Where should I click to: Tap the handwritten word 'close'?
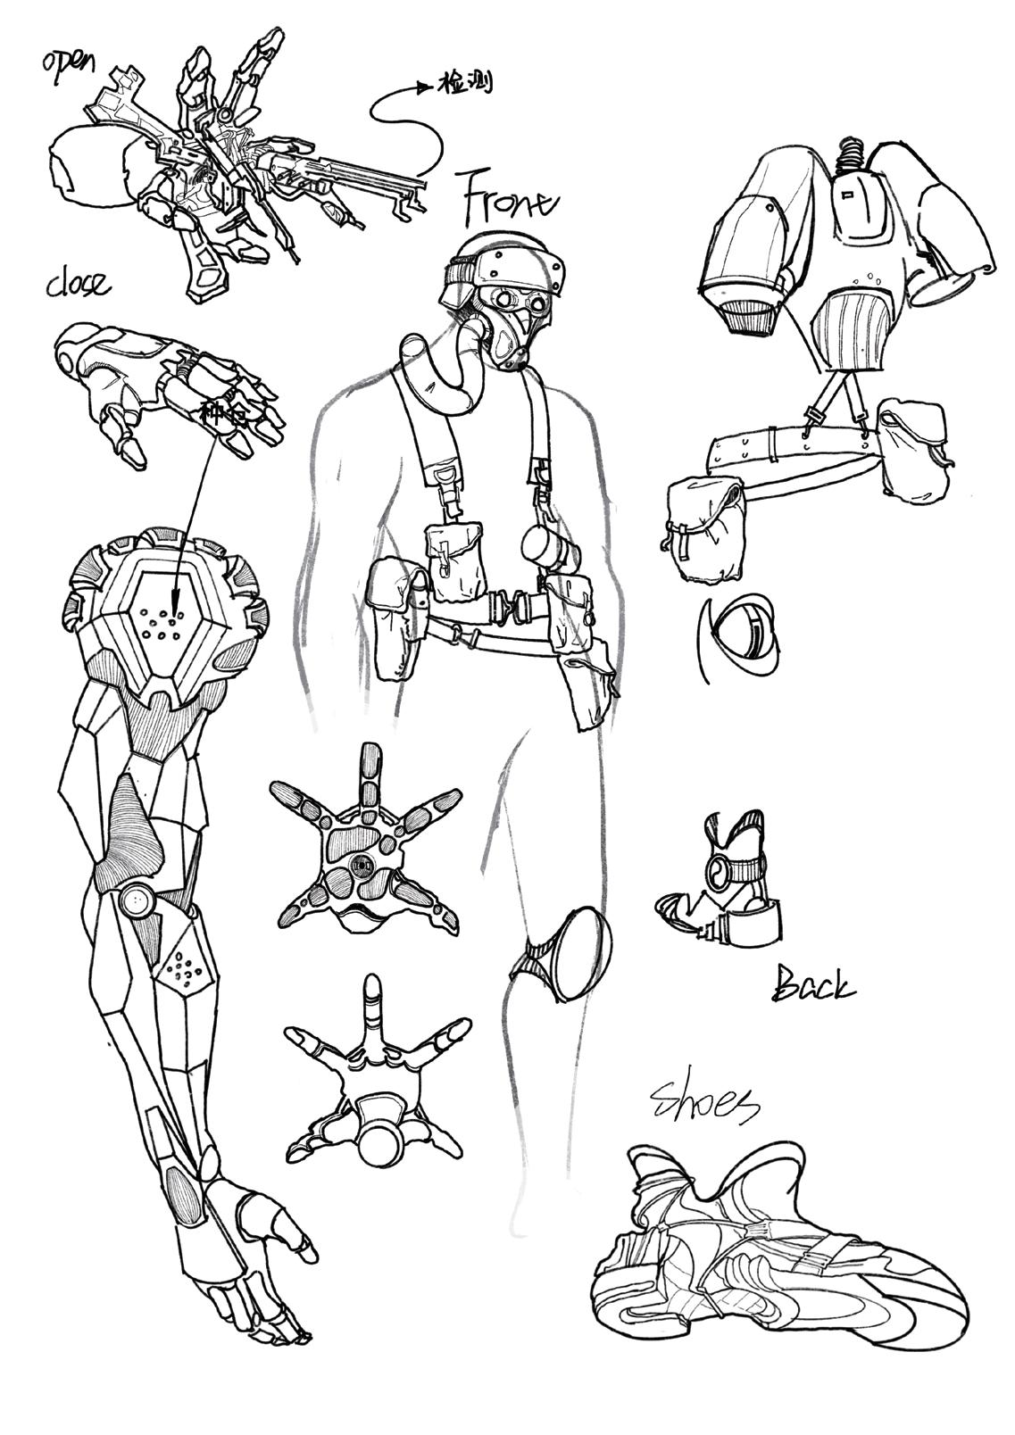(x=79, y=284)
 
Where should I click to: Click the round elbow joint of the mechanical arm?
(x=137, y=901)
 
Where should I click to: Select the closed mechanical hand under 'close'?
(x=170, y=393)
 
